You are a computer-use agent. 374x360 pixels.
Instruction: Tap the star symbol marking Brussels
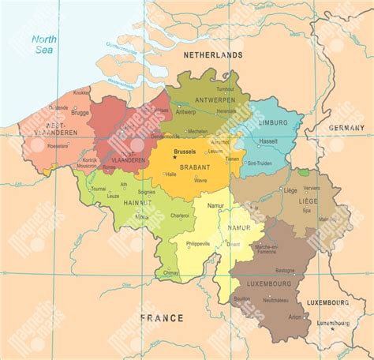pyautogui.click(x=175, y=156)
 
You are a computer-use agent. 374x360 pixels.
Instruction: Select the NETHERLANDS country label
pyautogui.click(x=212, y=56)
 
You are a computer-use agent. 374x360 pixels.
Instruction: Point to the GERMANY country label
pyautogui.click(x=347, y=127)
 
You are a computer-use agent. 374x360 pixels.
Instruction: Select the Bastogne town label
pyautogui.click(x=283, y=271)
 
